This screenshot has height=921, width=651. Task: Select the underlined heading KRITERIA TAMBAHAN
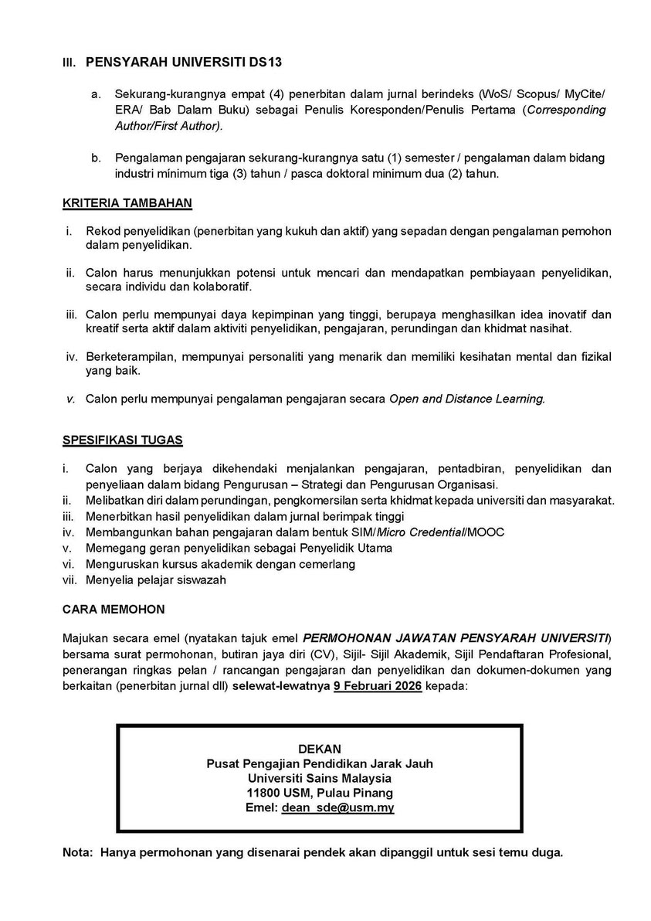click(127, 204)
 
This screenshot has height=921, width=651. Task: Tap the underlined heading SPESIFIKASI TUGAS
click(122, 440)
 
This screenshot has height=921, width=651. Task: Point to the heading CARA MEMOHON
click(113, 609)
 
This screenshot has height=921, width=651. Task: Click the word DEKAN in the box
click(319, 749)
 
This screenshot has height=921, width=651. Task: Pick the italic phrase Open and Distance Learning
click(467, 399)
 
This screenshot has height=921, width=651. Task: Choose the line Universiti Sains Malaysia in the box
click(319, 778)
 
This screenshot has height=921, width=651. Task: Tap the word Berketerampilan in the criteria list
click(131, 357)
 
